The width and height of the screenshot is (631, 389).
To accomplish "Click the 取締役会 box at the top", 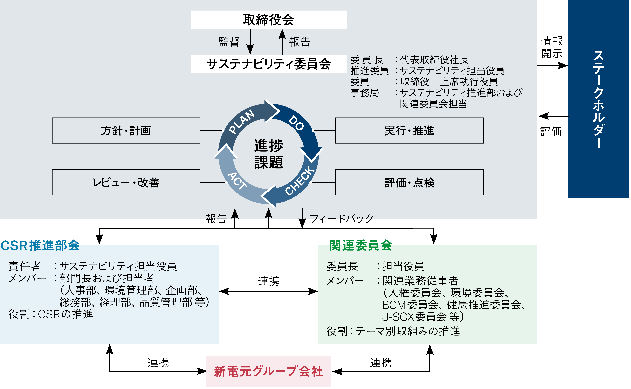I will pos(268,20).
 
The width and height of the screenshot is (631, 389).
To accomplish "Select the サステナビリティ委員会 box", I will pos(268,64).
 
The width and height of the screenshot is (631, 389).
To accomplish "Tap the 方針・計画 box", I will pos(126,130).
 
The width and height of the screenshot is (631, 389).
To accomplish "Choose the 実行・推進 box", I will pos(409,130).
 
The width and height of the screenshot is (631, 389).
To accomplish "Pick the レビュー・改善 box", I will pos(126,182).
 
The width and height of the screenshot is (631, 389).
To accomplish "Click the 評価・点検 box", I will pos(409,182).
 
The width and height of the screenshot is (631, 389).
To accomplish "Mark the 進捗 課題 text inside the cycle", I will pos(269,154).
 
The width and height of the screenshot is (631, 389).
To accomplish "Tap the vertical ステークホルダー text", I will pos(598,99).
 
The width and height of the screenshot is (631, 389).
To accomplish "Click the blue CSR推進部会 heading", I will pos(40,245).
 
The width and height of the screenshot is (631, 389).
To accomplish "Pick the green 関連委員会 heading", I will pos(360,245).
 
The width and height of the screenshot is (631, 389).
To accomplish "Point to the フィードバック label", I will pos(341,219).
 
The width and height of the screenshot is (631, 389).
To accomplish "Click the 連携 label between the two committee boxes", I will pos(268,281).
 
